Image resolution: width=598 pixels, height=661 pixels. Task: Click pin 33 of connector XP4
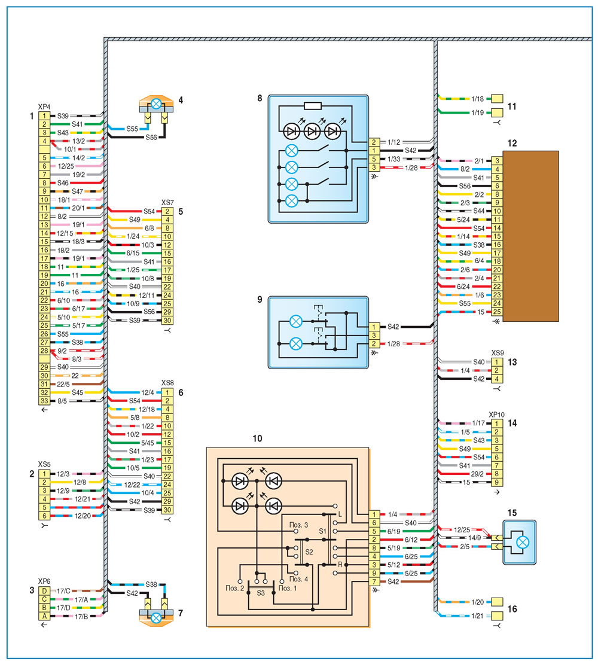pyautogui.click(x=44, y=401)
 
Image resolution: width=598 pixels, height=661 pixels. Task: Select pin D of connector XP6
pyautogui.click(x=44, y=591)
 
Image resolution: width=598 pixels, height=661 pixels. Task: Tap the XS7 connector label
pyautogui.click(x=167, y=203)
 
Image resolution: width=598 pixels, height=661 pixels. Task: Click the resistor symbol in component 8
pyautogui.click(x=312, y=106)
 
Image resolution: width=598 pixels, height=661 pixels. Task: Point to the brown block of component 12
pyautogui.click(x=530, y=236)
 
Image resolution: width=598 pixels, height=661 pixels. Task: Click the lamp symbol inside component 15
pyautogui.click(x=523, y=542)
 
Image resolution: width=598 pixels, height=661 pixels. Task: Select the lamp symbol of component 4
pyautogui.click(x=156, y=103)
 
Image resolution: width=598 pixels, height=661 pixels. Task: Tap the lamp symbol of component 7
pyautogui.click(x=156, y=618)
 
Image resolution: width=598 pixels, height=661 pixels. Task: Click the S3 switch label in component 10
pyautogui.click(x=261, y=593)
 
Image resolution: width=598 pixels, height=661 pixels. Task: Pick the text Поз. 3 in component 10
pyautogui.click(x=298, y=525)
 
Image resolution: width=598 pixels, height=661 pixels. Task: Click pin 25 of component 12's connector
pyautogui.click(x=497, y=312)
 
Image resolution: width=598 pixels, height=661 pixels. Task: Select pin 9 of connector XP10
pyautogui.click(x=497, y=482)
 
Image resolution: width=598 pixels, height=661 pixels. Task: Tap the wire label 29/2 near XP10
pyautogui.click(x=477, y=474)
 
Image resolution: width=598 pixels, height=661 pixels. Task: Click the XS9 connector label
pyautogui.click(x=498, y=353)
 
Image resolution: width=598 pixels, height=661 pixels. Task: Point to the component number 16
pyautogui.click(x=512, y=609)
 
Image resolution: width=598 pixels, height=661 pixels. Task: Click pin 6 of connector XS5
pyautogui.click(x=44, y=516)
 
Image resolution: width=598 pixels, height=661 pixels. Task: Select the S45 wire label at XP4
pyautogui.click(x=78, y=392)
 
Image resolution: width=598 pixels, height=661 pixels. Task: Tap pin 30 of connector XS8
pyautogui.click(x=167, y=510)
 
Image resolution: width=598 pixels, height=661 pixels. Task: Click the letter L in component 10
pyautogui.click(x=340, y=514)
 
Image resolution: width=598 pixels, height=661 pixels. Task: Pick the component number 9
pyautogui.click(x=260, y=299)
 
